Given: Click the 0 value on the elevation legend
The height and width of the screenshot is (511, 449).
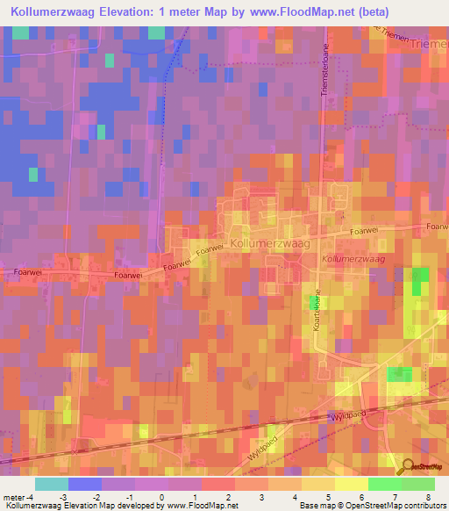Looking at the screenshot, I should click(x=161, y=496).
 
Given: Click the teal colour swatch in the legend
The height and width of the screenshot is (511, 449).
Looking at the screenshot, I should click(x=52, y=484).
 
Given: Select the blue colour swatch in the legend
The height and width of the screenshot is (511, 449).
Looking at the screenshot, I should click(x=85, y=484).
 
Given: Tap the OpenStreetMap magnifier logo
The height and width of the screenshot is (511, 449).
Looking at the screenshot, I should click(x=407, y=467).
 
